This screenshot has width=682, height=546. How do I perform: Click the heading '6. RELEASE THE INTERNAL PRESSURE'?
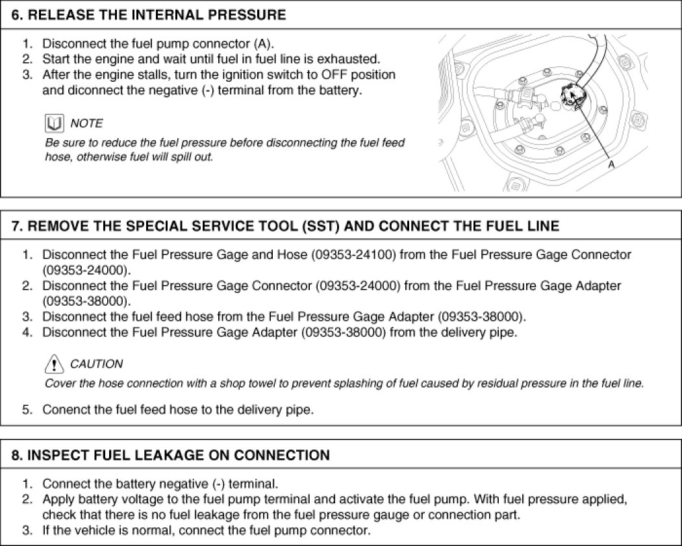(149, 15)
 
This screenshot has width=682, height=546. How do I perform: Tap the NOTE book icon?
(54, 123)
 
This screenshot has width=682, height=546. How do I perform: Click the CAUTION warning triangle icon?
(55, 363)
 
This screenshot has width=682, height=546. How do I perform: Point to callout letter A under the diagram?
(611, 166)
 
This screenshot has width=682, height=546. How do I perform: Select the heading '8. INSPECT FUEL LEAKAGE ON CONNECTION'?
(171, 455)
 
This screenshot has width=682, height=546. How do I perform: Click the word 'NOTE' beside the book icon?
(86, 123)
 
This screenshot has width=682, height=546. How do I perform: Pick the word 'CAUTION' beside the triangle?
(96, 364)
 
